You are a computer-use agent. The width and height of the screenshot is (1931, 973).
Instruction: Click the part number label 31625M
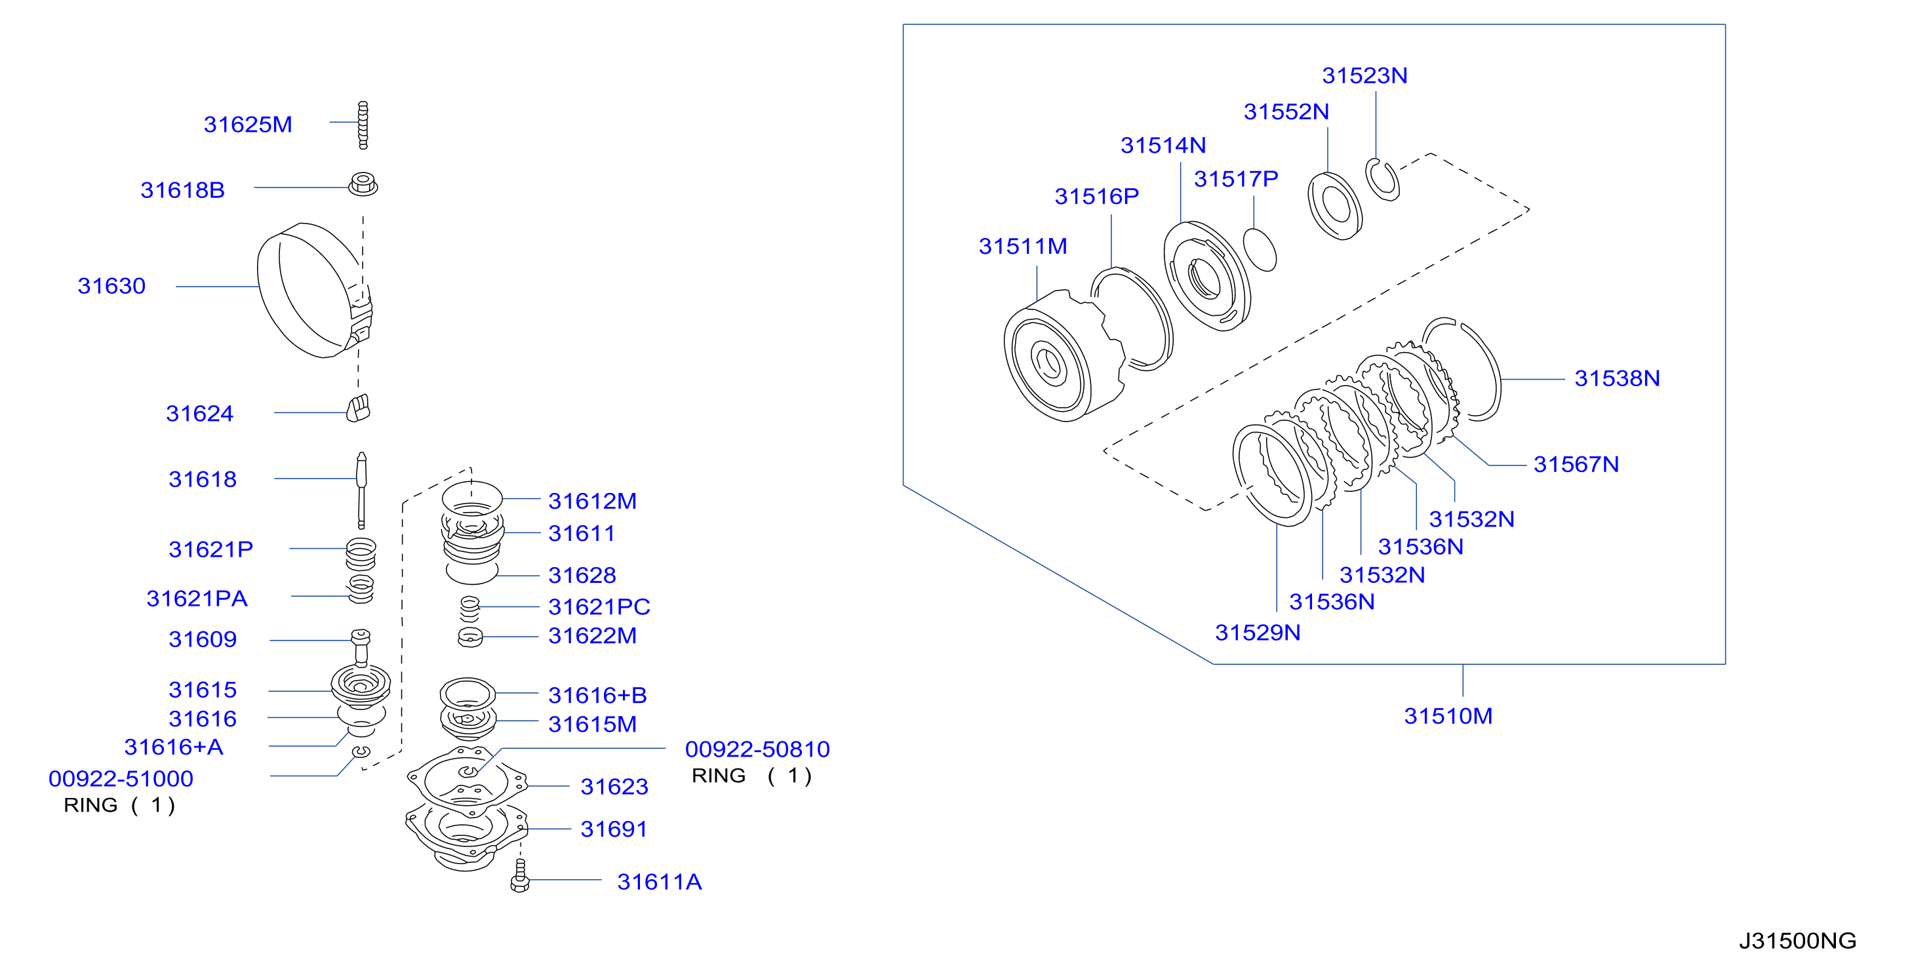(247, 124)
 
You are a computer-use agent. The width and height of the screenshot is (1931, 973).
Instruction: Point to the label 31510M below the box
(1448, 716)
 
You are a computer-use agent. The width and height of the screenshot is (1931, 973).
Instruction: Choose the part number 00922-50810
(757, 749)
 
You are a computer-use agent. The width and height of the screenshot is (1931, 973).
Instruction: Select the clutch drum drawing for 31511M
(1064, 356)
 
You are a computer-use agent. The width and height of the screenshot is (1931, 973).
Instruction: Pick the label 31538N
(1617, 378)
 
